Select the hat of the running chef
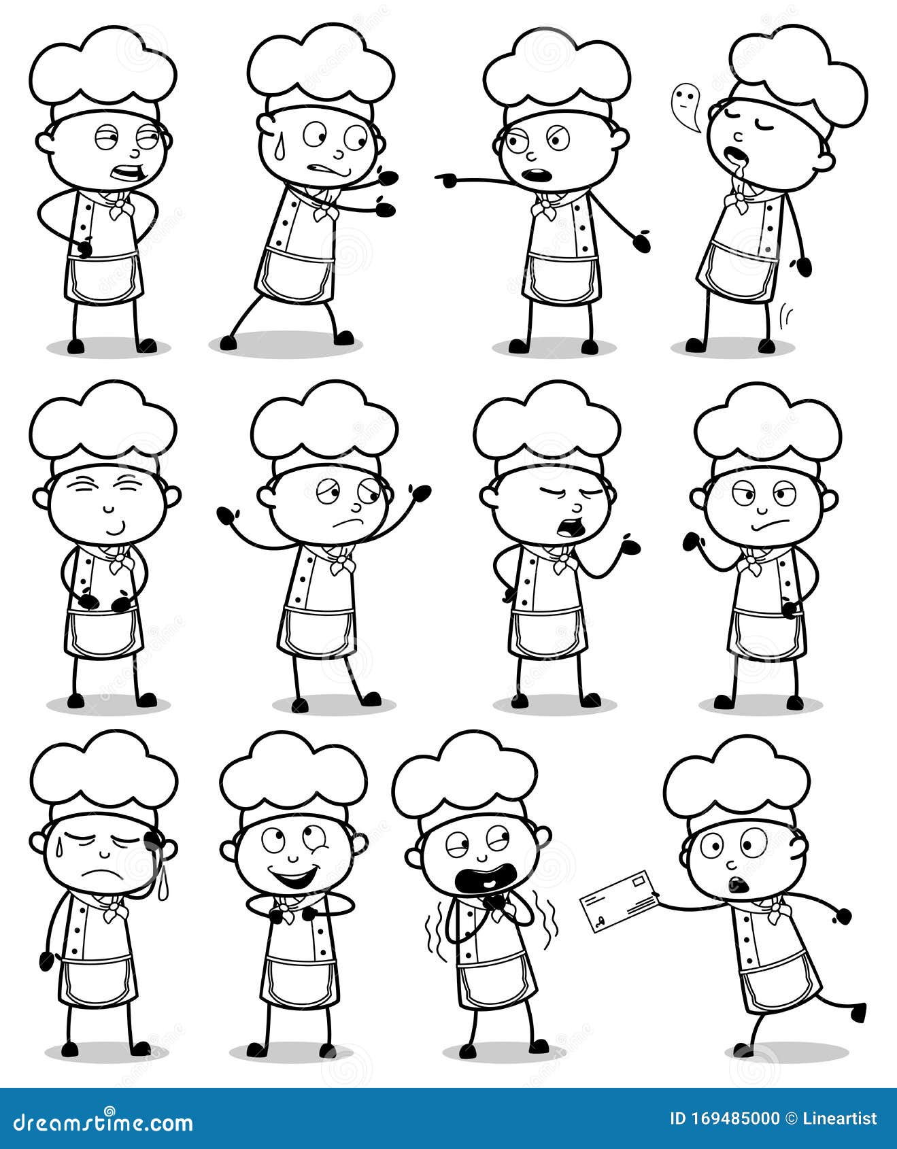737,781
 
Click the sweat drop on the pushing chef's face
277,150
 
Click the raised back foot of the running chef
858,1012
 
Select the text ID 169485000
725,1118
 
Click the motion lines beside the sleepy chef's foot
788,315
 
